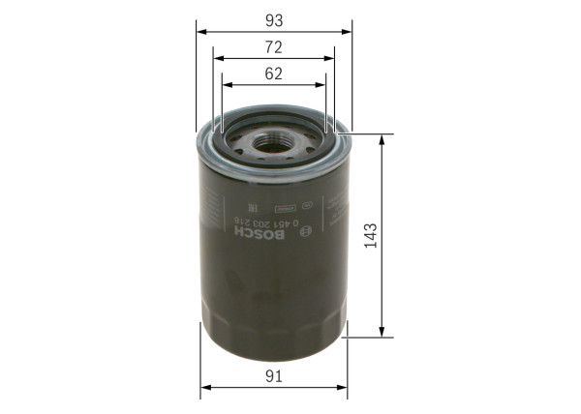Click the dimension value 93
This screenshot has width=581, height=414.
click(x=274, y=18)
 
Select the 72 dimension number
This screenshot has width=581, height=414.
click(x=274, y=46)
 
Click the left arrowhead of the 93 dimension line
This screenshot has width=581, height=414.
click(x=201, y=31)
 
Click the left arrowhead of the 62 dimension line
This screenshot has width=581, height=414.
click(x=226, y=83)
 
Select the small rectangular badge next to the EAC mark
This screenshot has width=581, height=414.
click(x=285, y=206)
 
